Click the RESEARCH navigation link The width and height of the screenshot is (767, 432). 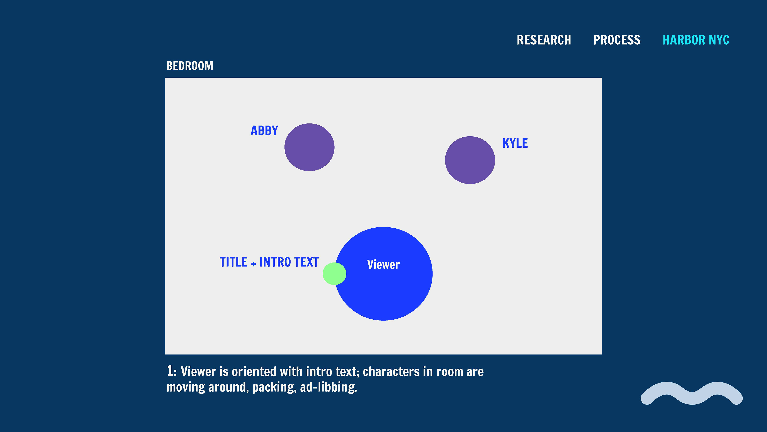pyautogui.click(x=544, y=40)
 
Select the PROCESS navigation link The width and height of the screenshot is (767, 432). pyautogui.click(x=617, y=40)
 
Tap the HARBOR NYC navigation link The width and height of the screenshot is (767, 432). pyautogui.click(x=696, y=40)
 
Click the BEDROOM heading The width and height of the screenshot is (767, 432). pyautogui.click(x=190, y=66)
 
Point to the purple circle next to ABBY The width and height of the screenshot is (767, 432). pyautogui.click(x=309, y=147)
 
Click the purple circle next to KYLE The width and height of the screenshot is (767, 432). pyautogui.click(x=470, y=160)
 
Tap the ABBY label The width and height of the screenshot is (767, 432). pyautogui.click(x=264, y=131)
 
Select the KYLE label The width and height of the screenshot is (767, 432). pyautogui.click(x=515, y=143)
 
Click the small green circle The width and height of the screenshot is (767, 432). pyautogui.click(x=334, y=274)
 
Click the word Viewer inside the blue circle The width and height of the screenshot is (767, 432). pyautogui.click(x=383, y=264)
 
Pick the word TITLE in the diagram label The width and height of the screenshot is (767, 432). pyautogui.click(x=234, y=262)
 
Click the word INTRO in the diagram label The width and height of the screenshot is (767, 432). pyautogui.click(x=275, y=262)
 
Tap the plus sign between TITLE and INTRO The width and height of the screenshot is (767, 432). pyautogui.click(x=253, y=264)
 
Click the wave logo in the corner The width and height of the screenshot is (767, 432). pyautogui.click(x=692, y=393)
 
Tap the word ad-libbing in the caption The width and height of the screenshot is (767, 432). pyautogui.click(x=329, y=387)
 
